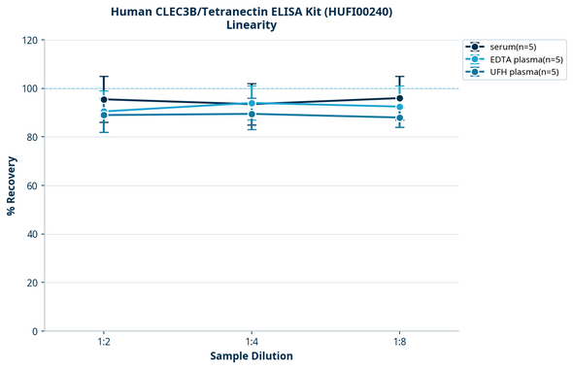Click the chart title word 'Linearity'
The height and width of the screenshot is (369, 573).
click(252, 25)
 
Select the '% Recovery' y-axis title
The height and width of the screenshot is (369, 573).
click(12, 185)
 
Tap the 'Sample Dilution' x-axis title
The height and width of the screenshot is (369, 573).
click(252, 356)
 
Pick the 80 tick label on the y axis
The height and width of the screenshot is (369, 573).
click(32, 137)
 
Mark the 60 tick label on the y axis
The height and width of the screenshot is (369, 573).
click(32, 185)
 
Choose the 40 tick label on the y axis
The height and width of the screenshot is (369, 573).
click(32, 234)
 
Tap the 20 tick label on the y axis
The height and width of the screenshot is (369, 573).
click(32, 283)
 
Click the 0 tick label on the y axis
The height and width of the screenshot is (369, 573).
click(35, 331)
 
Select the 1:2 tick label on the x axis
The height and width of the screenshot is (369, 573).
click(104, 342)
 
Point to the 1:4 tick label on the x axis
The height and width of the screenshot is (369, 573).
click(252, 342)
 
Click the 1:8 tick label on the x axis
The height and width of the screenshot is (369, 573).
click(399, 342)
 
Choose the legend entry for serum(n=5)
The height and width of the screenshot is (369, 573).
click(515, 47)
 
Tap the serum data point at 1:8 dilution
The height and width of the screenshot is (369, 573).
click(399, 98)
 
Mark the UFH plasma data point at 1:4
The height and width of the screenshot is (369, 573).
click(252, 114)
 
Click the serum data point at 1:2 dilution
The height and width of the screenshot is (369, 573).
click(104, 99)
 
